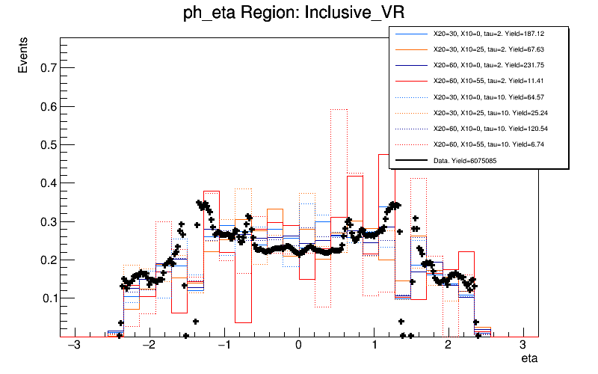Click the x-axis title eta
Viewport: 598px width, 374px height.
click(528, 359)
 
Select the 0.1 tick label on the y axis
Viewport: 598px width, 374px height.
click(45, 298)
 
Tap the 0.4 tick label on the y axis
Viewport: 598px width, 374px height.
click(45, 183)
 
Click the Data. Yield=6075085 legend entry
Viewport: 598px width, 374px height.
click(471, 160)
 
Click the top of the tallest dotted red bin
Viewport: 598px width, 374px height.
click(339, 109)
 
